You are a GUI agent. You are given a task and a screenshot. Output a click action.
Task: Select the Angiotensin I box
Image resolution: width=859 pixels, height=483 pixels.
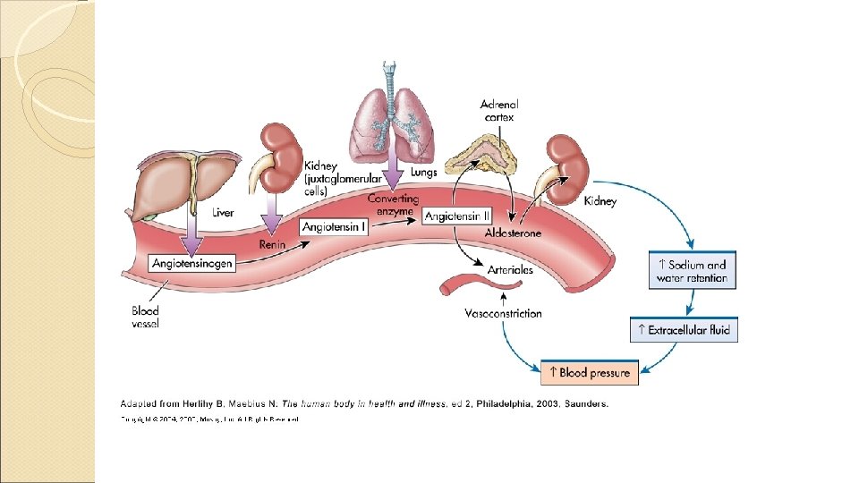coord(334,227)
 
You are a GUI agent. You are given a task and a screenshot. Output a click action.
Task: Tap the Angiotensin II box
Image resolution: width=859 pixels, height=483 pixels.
coord(457,216)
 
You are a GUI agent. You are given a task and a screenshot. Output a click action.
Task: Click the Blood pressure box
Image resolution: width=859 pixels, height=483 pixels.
coord(590,372)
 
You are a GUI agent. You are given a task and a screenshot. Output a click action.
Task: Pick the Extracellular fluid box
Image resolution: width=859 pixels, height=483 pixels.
coord(685,330)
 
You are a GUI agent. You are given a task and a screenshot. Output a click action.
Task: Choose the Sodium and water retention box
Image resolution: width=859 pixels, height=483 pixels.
coord(692,271)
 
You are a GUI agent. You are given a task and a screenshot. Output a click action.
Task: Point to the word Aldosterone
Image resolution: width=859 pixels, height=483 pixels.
coord(513,233)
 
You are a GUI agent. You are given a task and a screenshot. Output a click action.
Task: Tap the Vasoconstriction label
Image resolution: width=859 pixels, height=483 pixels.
coord(503,313)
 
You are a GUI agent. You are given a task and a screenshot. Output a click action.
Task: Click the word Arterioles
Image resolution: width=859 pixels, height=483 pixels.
coord(510,269)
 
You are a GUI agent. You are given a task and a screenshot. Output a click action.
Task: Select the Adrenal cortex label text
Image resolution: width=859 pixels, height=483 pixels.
coord(499,110)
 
